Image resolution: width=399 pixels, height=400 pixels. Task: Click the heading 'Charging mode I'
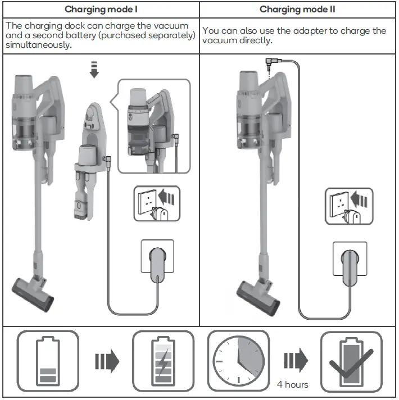tap(101, 10)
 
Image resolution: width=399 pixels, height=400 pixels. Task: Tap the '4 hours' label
tap(292, 384)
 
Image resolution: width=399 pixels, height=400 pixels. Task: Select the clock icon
tap(238, 360)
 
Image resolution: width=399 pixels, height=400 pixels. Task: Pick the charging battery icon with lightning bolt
tap(162, 360)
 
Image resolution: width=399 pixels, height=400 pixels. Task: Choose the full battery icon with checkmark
tap(351, 360)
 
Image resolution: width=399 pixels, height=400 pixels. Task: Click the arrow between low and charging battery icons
tap(106, 360)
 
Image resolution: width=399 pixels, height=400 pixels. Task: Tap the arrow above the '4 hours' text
tap(295, 360)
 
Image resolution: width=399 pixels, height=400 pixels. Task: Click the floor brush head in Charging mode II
tap(258, 290)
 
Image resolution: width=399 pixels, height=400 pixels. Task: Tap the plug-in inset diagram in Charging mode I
tap(157, 203)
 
